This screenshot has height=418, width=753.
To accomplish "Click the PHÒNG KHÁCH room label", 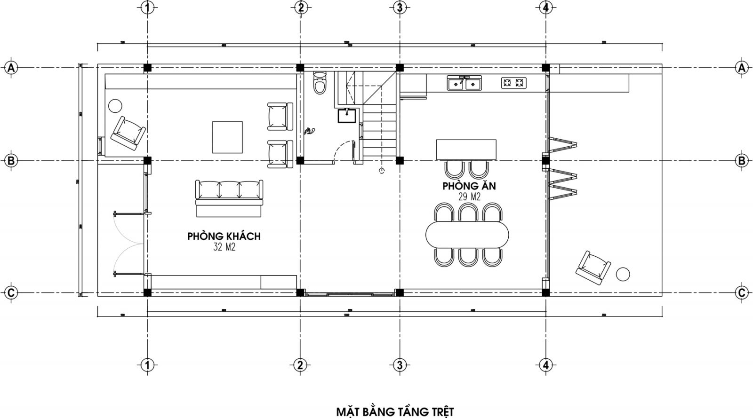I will click(224, 236).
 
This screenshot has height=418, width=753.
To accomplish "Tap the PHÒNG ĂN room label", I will click(469, 186).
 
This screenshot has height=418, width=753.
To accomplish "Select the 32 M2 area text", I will click(224, 247).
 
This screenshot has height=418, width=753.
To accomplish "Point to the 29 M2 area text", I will click(469, 197).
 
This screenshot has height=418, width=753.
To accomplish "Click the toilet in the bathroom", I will click(320, 84).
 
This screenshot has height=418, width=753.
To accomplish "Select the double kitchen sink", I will click(465, 84).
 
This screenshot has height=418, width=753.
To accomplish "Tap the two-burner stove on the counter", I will click(513, 83).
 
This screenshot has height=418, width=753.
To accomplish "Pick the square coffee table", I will click(227, 137).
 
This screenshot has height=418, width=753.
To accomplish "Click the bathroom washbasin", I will click(347, 115).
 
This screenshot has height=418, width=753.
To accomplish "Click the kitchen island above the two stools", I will click(466, 150).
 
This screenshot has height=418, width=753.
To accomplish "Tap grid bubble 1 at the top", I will click(147, 8).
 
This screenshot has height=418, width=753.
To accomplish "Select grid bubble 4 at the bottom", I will click(545, 365).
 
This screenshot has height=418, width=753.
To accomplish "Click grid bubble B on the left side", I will click(11, 161).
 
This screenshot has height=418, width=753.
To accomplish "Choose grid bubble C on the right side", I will click(742, 292).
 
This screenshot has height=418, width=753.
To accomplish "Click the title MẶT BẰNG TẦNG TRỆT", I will click(395, 412).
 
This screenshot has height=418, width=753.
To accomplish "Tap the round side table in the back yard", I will click(623, 274).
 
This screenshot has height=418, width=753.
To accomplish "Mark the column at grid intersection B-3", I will click(400, 160).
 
